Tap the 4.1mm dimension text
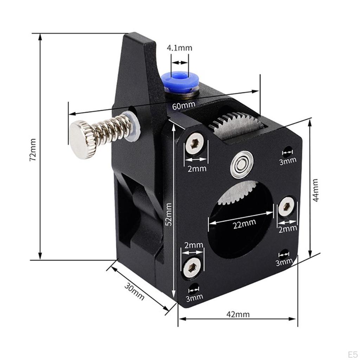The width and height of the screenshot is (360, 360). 180,48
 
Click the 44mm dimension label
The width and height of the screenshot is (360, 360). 315,190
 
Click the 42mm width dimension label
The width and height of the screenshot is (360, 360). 238,314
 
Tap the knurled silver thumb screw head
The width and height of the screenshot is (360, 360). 82,139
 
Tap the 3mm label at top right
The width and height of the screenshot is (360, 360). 288,161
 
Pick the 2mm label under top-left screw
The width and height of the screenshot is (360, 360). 197,168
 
